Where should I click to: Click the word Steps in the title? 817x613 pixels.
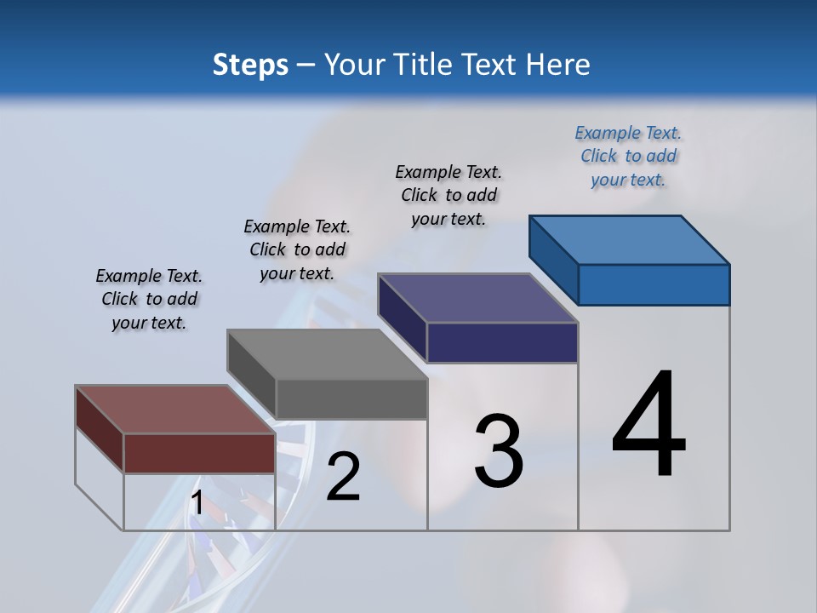click(x=250, y=65)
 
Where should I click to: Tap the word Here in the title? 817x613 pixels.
click(x=557, y=65)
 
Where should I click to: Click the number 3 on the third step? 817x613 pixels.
click(x=499, y=451)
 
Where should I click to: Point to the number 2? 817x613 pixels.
click(x=343, y=477)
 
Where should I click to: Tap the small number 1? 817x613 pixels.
click(x=197, y=503)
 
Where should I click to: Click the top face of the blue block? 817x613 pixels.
click(x=630, y=239)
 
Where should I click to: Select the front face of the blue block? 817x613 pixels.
click(x=654, y=284)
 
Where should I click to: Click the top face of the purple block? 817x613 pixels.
click(x=478, y=297)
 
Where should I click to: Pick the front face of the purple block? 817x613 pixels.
click(x=502, y=342)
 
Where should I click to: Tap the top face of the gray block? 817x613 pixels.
click(x=327, y=354)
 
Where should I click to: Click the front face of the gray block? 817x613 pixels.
click(x=351, y=399)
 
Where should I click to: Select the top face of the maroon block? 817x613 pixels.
click(x=175, y=410)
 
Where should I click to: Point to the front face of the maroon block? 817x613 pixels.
click(x=199, y=453)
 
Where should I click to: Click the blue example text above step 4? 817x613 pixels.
click(x=628, y=157)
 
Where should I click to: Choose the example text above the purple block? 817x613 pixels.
click(x=448, y=195)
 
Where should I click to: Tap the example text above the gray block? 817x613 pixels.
click(x=297, y=249)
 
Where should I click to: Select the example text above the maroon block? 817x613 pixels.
click(x=149, y=299)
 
